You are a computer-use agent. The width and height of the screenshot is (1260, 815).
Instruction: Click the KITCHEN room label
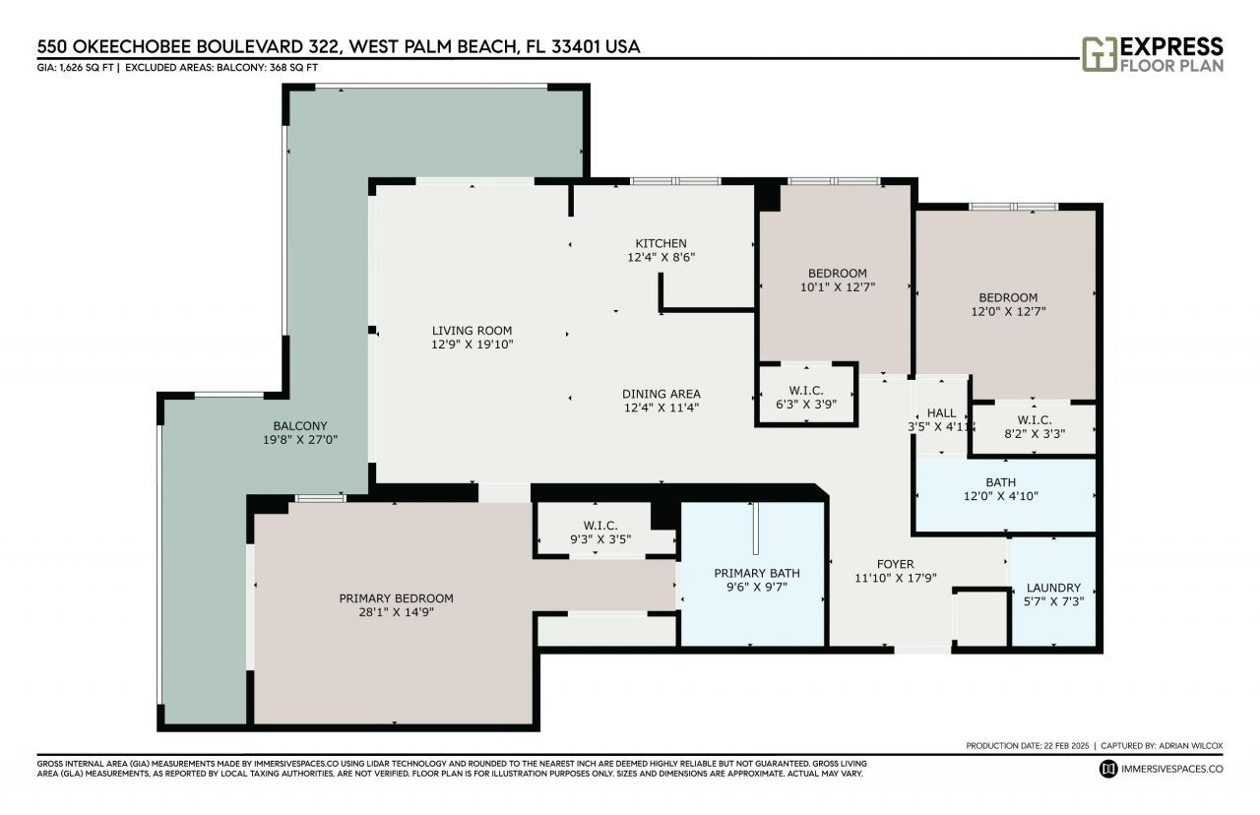pyautogui.click(x=661, y=243)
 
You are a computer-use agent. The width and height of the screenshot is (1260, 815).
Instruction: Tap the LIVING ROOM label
pyautogui.click(x=472, y=331)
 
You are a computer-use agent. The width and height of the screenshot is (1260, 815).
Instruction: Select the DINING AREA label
pyautogui.click(x=661, y=394)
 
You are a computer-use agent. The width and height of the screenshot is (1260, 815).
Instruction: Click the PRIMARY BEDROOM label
pyautogui.click(x=396, y=598)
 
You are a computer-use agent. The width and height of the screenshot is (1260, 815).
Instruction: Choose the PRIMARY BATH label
pyautogui.click(x=756, y=573)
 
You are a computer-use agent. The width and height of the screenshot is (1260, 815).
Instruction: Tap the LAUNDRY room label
pyautogui.click(x=1052, y=588)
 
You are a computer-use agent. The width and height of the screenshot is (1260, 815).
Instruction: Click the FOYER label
pyautogui.click(x=896, y=564)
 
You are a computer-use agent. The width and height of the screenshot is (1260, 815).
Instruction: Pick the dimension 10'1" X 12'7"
pyautogui.click(x=837, y=287)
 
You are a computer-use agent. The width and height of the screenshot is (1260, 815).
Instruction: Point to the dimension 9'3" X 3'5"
pyautogui.click(x=599, y=539)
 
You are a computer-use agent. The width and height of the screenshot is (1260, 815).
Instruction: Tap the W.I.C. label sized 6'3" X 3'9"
pyautogui.click(x=806, y=391)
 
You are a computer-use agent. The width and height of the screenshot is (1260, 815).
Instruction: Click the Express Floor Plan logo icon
pyautogui.click(x=1099, y=55)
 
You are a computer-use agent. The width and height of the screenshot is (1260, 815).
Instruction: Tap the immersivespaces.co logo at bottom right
pyautogui.click(x=1108, y=768)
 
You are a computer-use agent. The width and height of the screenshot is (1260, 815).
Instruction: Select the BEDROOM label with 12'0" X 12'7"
pyautogui.click(x=1008, y=297)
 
